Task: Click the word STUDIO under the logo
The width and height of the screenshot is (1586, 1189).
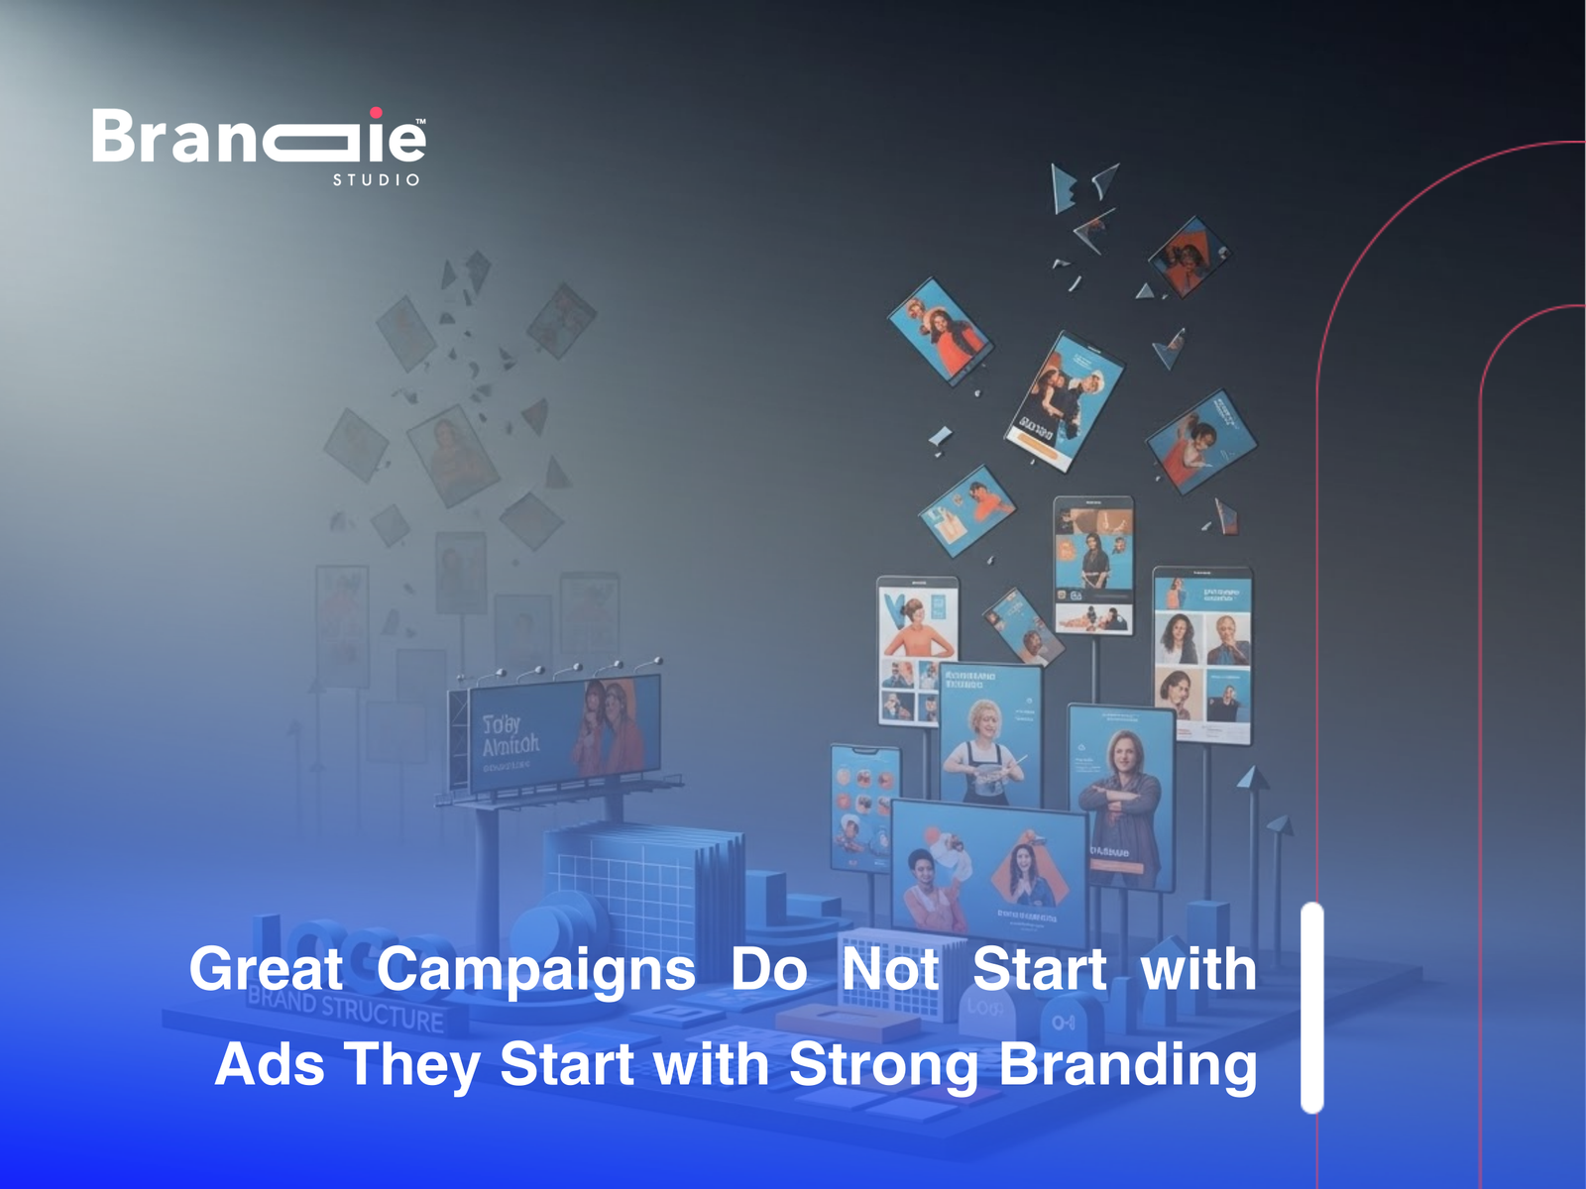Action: click(376, 180)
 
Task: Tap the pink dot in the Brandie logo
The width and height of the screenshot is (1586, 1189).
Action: click(376, 113)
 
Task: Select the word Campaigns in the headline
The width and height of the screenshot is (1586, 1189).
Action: click(535, 970)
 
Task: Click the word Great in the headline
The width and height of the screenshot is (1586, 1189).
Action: click(266, 969)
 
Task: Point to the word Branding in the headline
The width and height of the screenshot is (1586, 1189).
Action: click(1127, 1065)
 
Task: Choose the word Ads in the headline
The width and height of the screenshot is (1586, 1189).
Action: click(270, 1065)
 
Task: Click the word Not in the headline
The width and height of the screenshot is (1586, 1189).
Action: click(889, 969)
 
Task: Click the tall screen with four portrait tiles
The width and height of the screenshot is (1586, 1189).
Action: click(1201, 654)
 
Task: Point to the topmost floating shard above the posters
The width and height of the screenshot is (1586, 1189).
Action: click(1064, 188)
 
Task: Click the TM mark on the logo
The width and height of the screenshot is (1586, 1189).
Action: click(420, 122)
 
